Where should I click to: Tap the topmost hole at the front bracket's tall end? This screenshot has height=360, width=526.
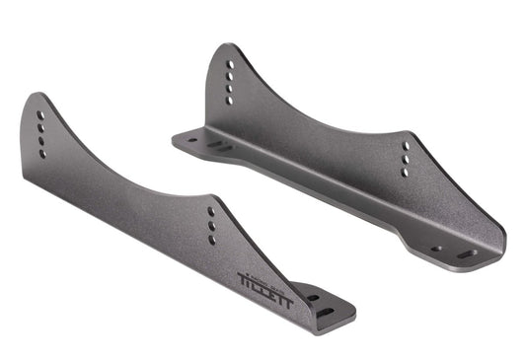(x=40, y=115)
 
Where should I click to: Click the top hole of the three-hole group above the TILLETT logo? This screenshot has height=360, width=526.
(x=210, y=211)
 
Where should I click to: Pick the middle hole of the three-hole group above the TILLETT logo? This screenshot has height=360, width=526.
(x=210, y=225)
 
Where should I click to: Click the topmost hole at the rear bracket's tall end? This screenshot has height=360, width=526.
(x=230, y=64)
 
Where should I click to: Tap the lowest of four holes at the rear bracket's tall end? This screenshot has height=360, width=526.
(x=229, y=101)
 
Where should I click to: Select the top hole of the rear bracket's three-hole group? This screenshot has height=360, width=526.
(x=405, y=145)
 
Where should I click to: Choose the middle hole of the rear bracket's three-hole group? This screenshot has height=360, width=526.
(x=405, y=158)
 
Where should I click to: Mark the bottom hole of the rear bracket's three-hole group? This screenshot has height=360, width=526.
(x=405, y=172)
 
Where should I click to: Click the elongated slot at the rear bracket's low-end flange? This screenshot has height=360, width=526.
(x=465, y=254)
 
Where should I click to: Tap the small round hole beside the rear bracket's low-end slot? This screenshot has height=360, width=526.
(x=436, y=249)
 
